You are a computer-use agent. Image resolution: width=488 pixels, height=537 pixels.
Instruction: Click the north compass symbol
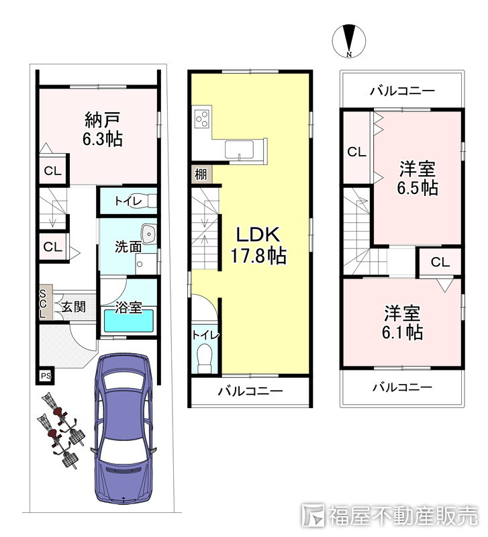point(349,41)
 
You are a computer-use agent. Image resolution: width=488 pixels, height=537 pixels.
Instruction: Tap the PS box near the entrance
point(46,376)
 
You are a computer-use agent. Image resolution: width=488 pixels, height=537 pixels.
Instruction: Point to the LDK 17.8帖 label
point(258,245)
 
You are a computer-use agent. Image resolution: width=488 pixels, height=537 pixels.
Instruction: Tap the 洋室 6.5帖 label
point(418,178)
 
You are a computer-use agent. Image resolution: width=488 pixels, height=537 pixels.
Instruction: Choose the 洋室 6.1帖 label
point(402,323)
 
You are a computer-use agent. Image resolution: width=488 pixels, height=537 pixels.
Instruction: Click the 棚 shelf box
point(201,175)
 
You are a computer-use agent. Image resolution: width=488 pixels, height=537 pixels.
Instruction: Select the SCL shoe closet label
point(43,303)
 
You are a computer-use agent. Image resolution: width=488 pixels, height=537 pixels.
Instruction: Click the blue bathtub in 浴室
point(129,321)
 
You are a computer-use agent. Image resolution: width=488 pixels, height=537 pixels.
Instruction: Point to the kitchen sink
point(240,150)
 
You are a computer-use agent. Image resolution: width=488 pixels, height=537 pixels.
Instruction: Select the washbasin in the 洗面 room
point(149,234)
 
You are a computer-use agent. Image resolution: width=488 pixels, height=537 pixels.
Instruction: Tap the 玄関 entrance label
point(74,307)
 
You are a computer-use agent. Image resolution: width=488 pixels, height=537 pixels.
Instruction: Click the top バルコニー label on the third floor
point(402,91)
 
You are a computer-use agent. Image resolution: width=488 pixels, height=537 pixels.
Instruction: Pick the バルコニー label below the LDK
point(251,391)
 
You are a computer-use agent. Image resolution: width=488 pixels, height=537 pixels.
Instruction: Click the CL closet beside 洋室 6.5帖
point(357,147)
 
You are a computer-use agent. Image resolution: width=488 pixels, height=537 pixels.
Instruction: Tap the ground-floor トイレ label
point(128,201)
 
